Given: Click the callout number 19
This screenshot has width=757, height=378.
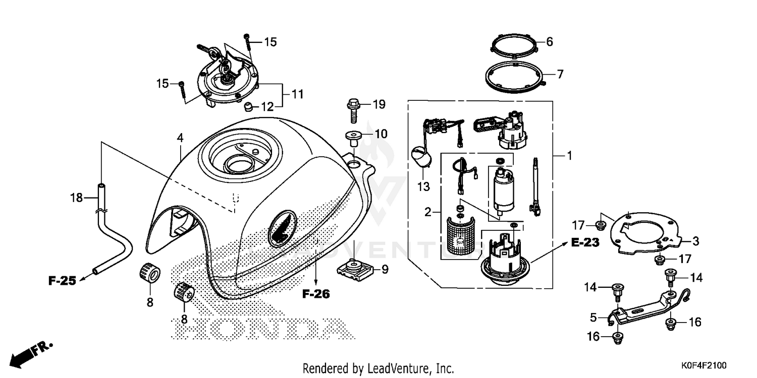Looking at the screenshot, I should click(379, 105).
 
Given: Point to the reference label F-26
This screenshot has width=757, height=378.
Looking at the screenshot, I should click(316, 294).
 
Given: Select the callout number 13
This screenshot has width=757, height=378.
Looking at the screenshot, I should click(423, 187).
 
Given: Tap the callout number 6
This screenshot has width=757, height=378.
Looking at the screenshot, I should click(550, 42).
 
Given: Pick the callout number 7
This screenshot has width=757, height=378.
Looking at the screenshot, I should click(560, 75).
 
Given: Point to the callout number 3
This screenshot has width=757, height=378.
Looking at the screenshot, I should click(695, 241).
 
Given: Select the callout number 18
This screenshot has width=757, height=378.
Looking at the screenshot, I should click(76, 198).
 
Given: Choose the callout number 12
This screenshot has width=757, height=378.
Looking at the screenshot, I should click(267, 106).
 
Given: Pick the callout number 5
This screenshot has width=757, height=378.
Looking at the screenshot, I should click(593, 318).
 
